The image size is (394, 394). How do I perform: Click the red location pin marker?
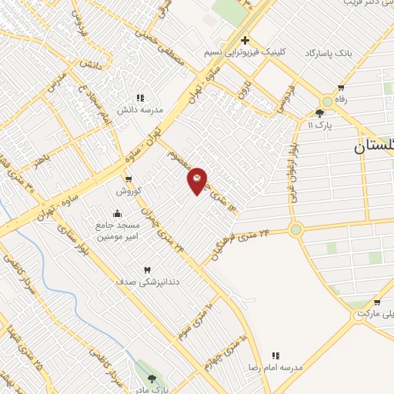(x=198, y=181)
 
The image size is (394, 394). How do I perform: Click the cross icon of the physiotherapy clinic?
(x=245, y=40)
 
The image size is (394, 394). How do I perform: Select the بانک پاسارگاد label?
(x=328, y=53)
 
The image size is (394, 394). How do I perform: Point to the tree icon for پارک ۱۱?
(x=319, y=112)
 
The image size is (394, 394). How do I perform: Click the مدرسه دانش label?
(x=140, y=110)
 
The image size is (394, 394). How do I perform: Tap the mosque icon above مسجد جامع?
(x=117, y=213)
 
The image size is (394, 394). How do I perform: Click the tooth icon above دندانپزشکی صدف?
(x=146, y=269)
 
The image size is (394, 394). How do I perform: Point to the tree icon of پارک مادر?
(x=151, y=379)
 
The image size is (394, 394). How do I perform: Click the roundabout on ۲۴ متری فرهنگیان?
(x=295, y=229)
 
